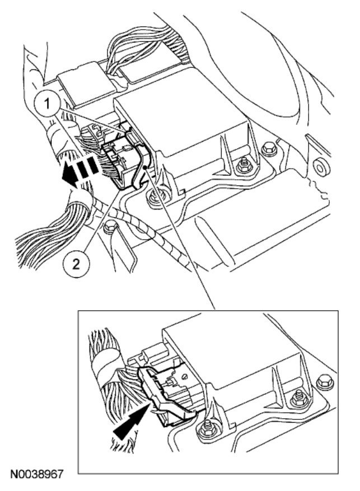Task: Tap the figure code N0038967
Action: [x=35, y=475]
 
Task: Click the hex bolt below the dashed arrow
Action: [x=110, y=227]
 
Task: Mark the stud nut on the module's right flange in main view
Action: [x=243, y=166]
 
